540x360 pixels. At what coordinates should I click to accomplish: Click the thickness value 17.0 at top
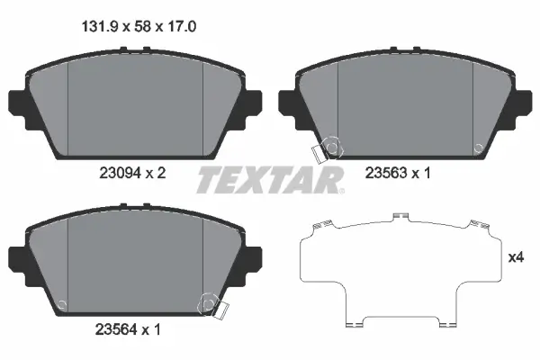tap(182, 26)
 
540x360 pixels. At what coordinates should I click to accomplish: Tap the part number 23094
tap(121, 173)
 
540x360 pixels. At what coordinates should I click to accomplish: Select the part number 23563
tap(386, 173)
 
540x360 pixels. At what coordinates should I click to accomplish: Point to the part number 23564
tap(116, 330)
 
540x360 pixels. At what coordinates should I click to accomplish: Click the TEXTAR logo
tap(270, 180)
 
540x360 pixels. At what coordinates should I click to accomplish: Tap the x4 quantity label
tap(516, 257)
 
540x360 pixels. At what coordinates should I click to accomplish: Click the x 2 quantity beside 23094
tap(156, 173)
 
